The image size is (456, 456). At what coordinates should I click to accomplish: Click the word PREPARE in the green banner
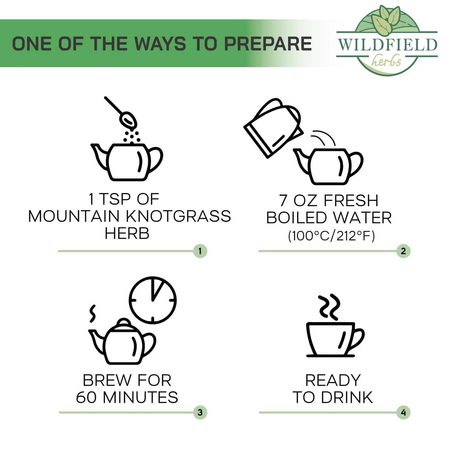point(268,44)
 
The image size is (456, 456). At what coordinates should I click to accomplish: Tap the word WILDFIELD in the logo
point(388,44)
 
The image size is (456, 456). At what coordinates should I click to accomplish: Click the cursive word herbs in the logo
point(386,61)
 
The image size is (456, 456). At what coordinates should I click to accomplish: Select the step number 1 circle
point(200,251)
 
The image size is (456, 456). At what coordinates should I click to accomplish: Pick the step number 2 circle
point(404,251)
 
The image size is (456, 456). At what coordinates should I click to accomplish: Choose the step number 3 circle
point(200,412)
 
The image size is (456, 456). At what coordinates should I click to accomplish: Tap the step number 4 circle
point(404,412)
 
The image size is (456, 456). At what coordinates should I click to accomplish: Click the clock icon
point(153,300)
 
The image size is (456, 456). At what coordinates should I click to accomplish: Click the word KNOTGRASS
point(178,216)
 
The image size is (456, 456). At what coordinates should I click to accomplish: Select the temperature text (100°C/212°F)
point(331,236)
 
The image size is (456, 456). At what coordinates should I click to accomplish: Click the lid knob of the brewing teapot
point(123,322)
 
